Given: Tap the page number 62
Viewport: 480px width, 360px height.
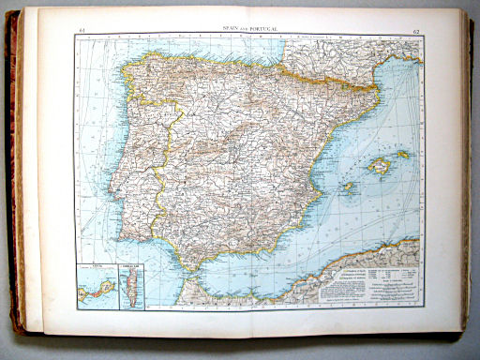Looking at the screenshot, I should click(415, 32).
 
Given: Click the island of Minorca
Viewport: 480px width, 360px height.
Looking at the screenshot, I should click(403, 154).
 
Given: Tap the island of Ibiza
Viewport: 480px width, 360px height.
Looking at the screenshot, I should click(348, 187).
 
